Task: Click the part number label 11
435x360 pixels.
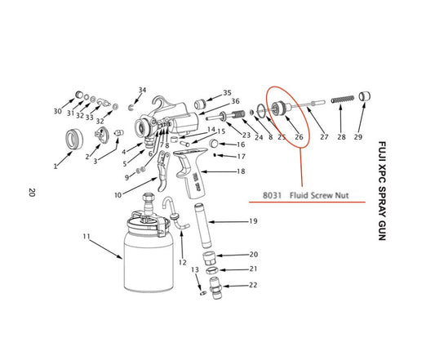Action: pos(87,237)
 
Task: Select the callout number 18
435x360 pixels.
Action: pos(240,172)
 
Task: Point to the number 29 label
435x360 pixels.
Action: pos(358,137)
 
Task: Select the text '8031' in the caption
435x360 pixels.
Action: pos(273,196)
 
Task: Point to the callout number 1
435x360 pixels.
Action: pos(56,166)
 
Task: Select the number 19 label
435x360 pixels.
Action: pos(253,221)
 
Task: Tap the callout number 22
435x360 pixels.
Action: pos(253,285)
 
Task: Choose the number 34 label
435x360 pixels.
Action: pos(142,90)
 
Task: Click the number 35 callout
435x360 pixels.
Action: pos(227,93)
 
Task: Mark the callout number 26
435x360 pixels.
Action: pos(299,137)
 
